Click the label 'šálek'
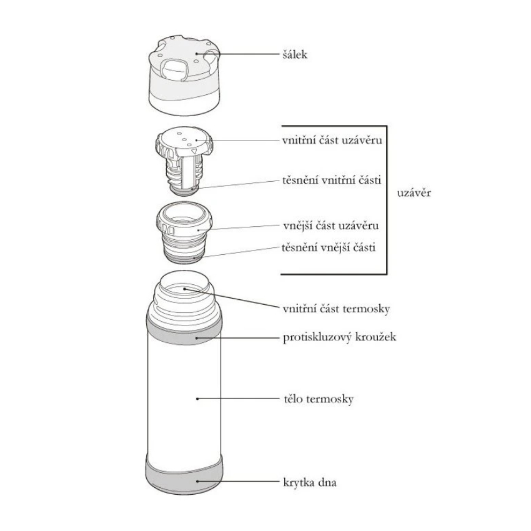(x=294, y=55)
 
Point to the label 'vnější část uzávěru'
(x=332, y=225)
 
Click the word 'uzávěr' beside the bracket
(x=414, y=192)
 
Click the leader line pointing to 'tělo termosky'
(x=237, y=398)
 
